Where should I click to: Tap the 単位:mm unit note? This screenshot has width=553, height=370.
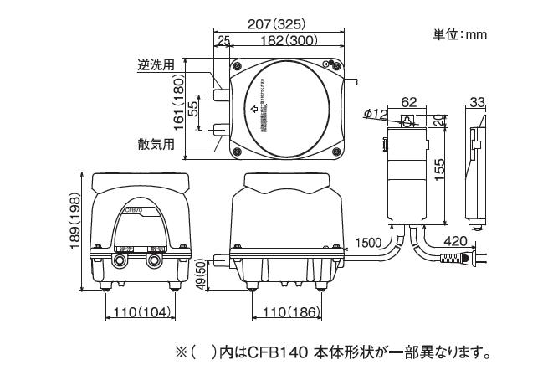(x=459, y=35)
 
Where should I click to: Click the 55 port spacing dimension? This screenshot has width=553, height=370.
(x=192, y=108)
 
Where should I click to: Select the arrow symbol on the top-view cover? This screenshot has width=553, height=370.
(x=254, y=108)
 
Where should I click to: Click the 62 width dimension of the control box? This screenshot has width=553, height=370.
(x=408, y=101)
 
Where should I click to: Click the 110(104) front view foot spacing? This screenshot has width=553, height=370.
(x=139, y=312)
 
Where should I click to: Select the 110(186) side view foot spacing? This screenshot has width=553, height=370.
(x=288, y=312)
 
